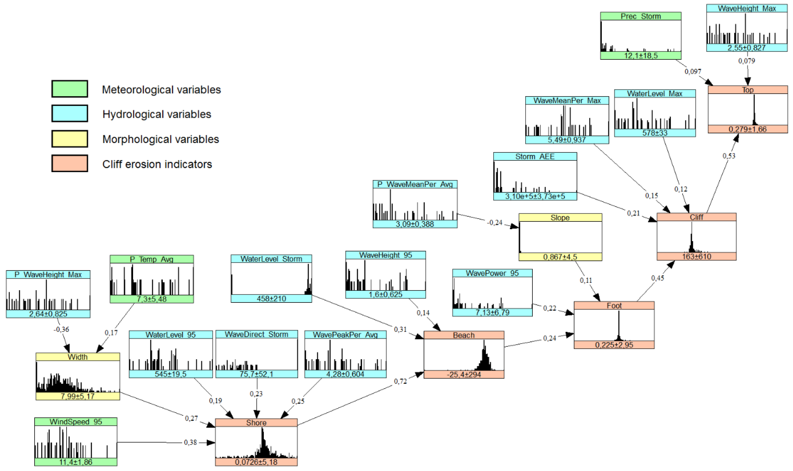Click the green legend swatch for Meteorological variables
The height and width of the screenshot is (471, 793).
coord(70,89)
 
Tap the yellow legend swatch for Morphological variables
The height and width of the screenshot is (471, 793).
coord(70,139)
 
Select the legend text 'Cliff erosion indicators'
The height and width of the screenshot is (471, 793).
coord(157,164)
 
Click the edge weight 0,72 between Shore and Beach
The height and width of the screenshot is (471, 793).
coord(400,381)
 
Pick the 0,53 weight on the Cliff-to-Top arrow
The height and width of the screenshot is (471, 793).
coord(729,156)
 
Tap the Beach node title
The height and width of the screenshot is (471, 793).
coord(464,335)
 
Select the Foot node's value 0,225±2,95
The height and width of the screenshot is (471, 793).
coord(614,345)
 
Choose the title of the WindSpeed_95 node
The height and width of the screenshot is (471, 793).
coord(76,422)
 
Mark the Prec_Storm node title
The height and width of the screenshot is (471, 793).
coord(641,16)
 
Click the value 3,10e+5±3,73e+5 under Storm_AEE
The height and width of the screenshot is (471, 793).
coord(535,196)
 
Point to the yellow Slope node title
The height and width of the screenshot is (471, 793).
coord(560,217)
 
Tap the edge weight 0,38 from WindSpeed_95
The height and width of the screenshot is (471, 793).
coord(190,442)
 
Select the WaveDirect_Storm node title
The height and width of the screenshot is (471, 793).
coord(256,334)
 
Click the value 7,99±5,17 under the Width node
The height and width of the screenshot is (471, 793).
coord(78,396)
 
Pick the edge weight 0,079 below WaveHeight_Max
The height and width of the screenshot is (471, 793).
coord(746,61)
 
